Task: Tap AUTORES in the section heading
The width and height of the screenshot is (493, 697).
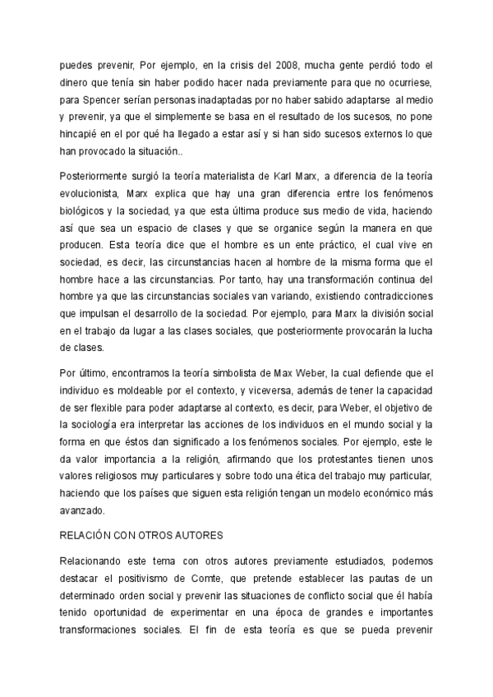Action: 196,537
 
